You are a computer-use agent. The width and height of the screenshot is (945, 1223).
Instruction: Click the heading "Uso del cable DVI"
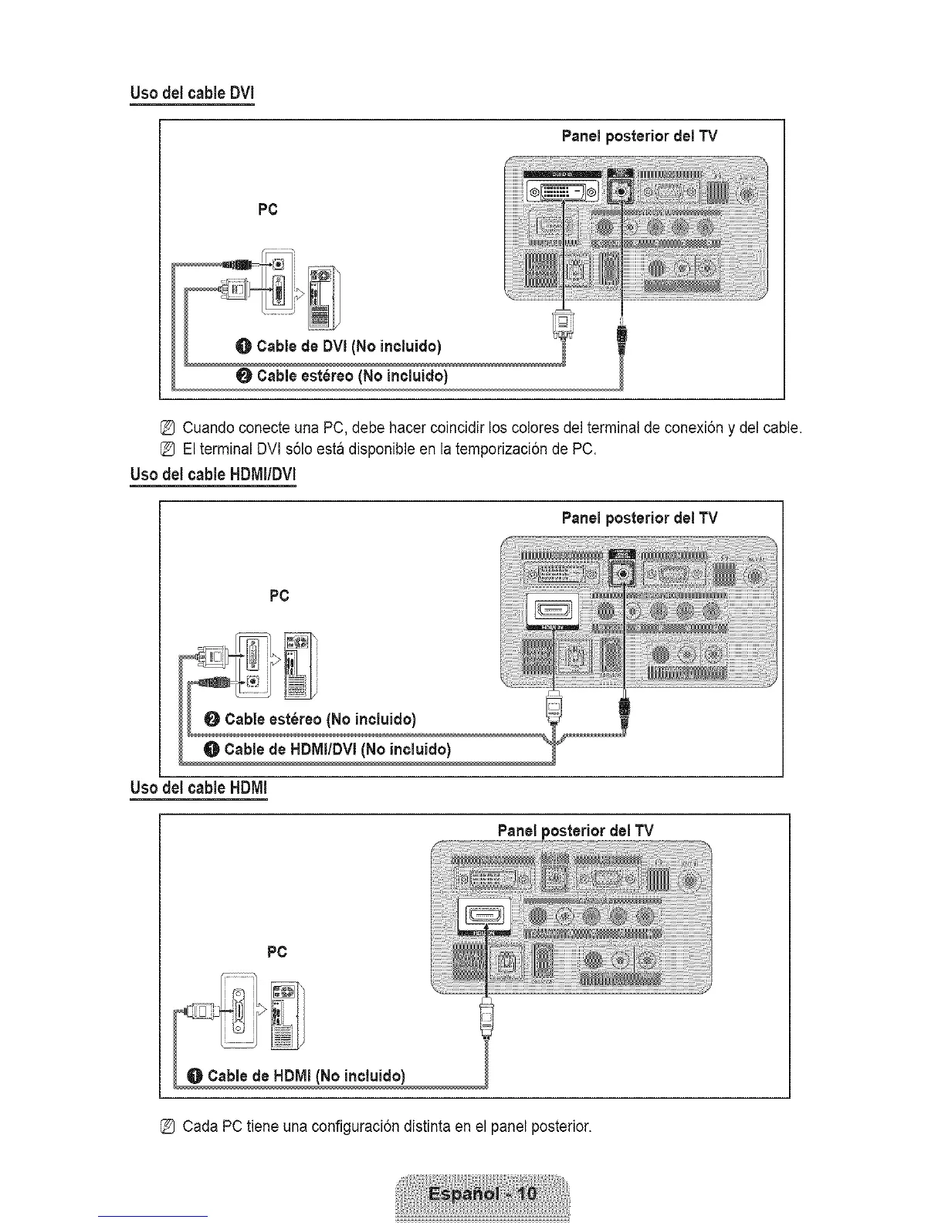191,93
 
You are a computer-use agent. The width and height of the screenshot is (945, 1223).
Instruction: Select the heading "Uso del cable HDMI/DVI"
213,474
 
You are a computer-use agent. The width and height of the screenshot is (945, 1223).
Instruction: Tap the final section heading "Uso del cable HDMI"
198,788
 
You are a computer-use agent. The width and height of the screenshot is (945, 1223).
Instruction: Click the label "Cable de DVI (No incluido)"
348,346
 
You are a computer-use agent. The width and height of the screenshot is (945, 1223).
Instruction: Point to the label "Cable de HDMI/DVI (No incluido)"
337,750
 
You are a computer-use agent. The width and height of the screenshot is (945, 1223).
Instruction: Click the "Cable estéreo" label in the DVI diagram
351,376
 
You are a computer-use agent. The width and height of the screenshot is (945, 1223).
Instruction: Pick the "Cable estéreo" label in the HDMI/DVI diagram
320,720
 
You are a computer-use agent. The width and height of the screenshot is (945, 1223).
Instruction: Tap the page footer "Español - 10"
482,1194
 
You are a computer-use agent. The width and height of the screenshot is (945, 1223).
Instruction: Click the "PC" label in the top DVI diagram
268,210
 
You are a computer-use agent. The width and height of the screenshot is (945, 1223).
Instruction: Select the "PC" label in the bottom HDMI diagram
276,952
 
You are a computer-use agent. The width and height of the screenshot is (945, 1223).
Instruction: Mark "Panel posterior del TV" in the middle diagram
639,517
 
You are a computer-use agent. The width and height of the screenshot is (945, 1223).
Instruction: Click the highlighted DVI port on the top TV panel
563,191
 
